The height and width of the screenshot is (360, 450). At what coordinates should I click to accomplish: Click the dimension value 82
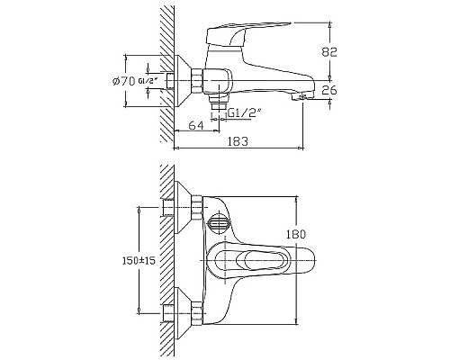[x=329, y=53]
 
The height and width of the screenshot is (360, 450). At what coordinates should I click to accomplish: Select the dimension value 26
[x=329, y=90]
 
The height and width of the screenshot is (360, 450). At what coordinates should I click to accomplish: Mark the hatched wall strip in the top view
[x=164, y=261]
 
